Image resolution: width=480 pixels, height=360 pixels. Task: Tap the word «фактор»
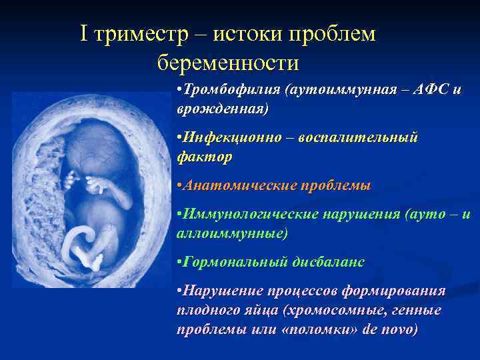click(205, 157)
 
